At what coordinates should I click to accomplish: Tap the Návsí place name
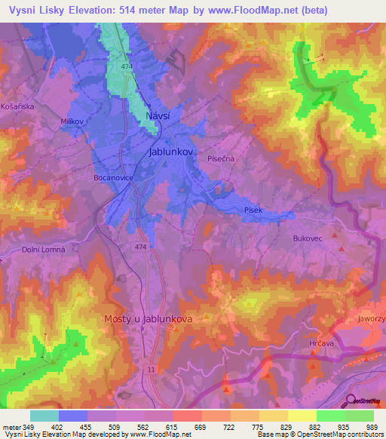pyautogui.click(x=158, y=115)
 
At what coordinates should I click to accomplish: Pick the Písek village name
pyautogui.click(x=253, y=210)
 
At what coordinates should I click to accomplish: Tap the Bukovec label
pyautogui.click(x=307, y=238)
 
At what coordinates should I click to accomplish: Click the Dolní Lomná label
pyautogui.click(x=44, y=250)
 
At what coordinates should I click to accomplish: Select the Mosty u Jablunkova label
pyautogui.click(x=148, y=319)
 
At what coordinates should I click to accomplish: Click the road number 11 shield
pyautogui.click(x=152, y=369)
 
